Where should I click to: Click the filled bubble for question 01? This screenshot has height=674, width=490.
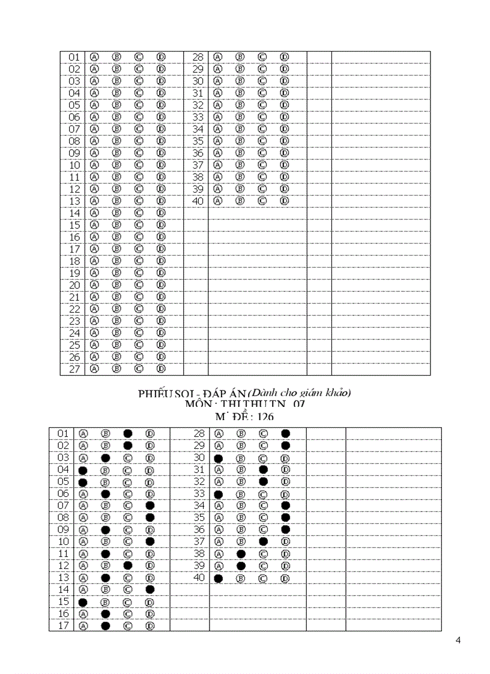(x=127, y=433)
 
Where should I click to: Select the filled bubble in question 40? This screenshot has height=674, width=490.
(x=219, y=578)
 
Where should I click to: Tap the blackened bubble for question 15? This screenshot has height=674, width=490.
(x=83, y=602)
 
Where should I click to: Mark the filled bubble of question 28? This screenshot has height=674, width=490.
(x=286, y=433)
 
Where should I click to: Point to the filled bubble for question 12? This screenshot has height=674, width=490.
(x=127, y=565)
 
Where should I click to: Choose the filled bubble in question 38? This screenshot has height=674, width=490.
(x=241, y=554)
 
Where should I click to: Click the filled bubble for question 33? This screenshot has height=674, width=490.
(x=219, y=494)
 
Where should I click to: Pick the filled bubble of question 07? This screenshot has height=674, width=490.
(x=150, y=505)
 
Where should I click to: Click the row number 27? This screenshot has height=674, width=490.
(x=74, y=369)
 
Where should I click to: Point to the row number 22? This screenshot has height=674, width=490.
(x=74, y=309)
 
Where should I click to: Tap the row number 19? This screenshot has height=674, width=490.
(x=74, y=273)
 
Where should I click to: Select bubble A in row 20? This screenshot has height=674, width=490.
(x=94, y=284)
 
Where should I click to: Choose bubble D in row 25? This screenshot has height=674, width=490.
(x=161, y=345)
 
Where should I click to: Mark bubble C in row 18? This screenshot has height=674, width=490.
(x=139, y=260)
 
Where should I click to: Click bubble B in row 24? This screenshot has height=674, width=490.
(x=116, y=332)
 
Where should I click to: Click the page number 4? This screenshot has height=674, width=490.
(x=458, y=640)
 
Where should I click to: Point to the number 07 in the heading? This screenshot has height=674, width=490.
(x=299, y=405)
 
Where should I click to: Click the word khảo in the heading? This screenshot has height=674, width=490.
(x=339, y=393)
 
